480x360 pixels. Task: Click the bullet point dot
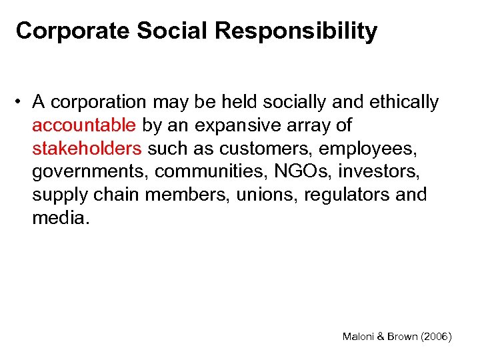coord(22,102)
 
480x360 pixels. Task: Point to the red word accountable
coord(84,125)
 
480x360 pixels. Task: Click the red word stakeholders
coord(87,148)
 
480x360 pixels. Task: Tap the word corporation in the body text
coord(99,102)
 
